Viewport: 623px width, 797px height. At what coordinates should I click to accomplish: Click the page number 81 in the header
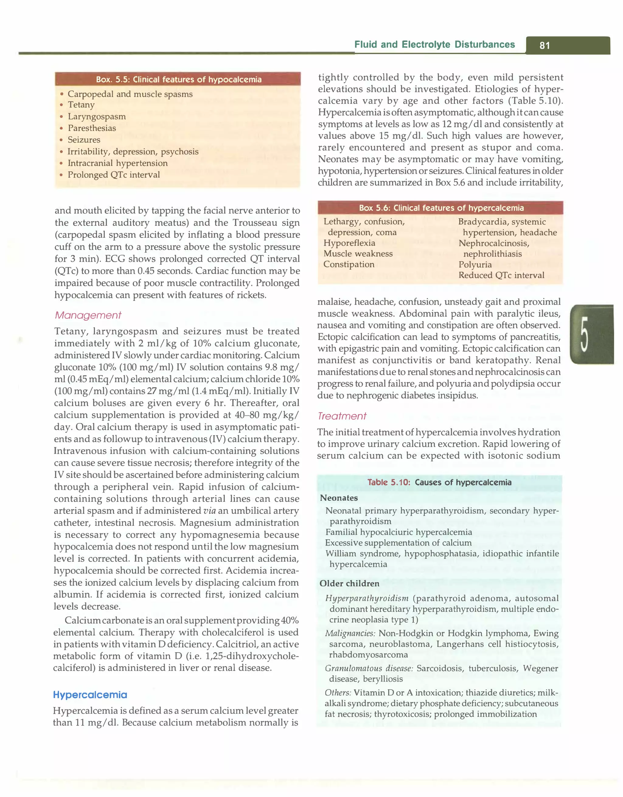[x=545, y=45]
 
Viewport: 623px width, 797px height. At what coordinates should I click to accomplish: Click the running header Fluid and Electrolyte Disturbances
[x=434, y=45]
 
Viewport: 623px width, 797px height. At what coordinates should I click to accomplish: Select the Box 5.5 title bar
[x=178, y=79]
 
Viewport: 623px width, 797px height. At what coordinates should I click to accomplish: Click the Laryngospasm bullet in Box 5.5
[x=96, y=116]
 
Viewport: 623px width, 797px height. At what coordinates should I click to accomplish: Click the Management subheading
[x=88, y=315]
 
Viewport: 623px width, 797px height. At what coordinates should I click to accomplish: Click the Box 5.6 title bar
[x=441, y=208]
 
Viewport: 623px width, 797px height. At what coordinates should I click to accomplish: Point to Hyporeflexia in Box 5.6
[x=349, y=243]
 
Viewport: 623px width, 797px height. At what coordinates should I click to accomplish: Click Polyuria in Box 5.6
[x=475, y=264]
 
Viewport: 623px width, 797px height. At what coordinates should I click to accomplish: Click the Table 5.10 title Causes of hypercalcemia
[x=439, y=482]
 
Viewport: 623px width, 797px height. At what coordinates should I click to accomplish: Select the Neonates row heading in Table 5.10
[x=338, y=498]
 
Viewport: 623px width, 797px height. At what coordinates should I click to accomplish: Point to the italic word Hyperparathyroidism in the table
[x=367, y=598]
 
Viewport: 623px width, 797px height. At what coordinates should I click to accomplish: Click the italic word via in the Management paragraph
[x=209, y=511]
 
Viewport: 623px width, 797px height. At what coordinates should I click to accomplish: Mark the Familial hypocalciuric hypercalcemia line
[x=398, y=532]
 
